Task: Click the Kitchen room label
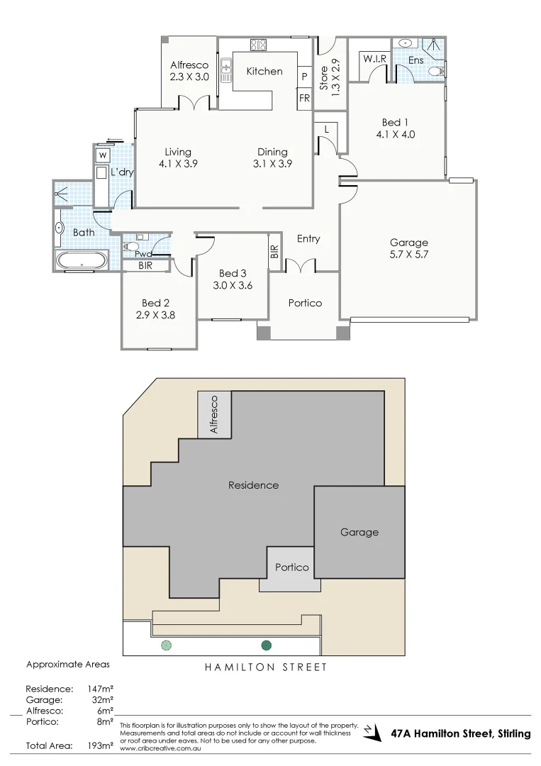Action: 264,71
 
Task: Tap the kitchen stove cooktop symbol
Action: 258,45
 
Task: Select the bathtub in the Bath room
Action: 82,261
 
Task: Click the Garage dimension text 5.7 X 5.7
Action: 409,255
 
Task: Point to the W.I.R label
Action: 374,60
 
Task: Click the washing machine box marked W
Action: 103,155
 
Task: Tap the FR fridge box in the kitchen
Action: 304,98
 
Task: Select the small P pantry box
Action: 304,76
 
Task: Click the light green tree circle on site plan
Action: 166,645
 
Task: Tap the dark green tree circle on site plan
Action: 267,645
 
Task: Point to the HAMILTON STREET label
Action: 266,667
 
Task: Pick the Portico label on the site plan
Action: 292,567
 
